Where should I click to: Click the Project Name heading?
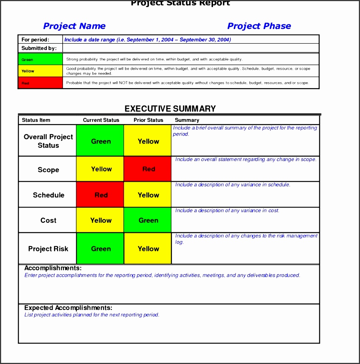(x=74, y=26)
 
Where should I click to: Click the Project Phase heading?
(x=259, y=26)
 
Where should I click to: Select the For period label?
(x=35, y=40)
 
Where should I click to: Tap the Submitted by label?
(x=39, y=48)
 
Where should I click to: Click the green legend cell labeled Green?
(x=40, y=59)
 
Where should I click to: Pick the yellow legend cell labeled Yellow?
(x=40, y=71)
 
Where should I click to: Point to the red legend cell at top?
(x=40, y=83)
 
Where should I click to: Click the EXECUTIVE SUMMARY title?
(x=170, y=108)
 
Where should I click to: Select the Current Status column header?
(x=101, y=120)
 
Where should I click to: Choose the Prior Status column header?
(x=148, y=120)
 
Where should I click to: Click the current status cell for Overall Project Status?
(x=100, y=141)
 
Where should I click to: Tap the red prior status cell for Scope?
(x=148, y=169)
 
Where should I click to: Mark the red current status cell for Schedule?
(x=100, y=195)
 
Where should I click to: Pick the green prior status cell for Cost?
(x=148, y=220)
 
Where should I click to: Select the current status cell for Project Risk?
(x=100, y=249)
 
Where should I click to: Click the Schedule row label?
(x=49, y=195)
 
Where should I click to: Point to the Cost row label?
(x=49, y=220)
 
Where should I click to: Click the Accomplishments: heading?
(x=53, y=268)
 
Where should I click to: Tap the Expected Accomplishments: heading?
(x=68, y=308)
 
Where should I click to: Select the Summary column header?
(x=187, y=120)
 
